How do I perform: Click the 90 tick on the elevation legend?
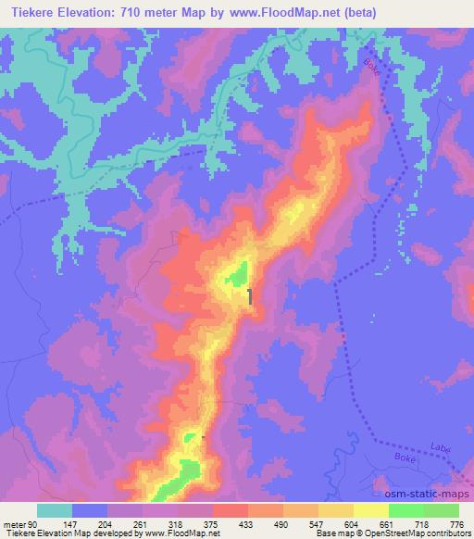point(33,523)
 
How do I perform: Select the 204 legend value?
point(108,523)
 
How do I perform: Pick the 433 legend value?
point(248,523)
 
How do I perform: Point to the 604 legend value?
point(353,523)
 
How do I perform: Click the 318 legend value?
point(179,523)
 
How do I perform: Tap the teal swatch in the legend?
point(55,510)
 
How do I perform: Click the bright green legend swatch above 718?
point(406,510)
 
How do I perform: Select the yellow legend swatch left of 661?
point(371,510)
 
